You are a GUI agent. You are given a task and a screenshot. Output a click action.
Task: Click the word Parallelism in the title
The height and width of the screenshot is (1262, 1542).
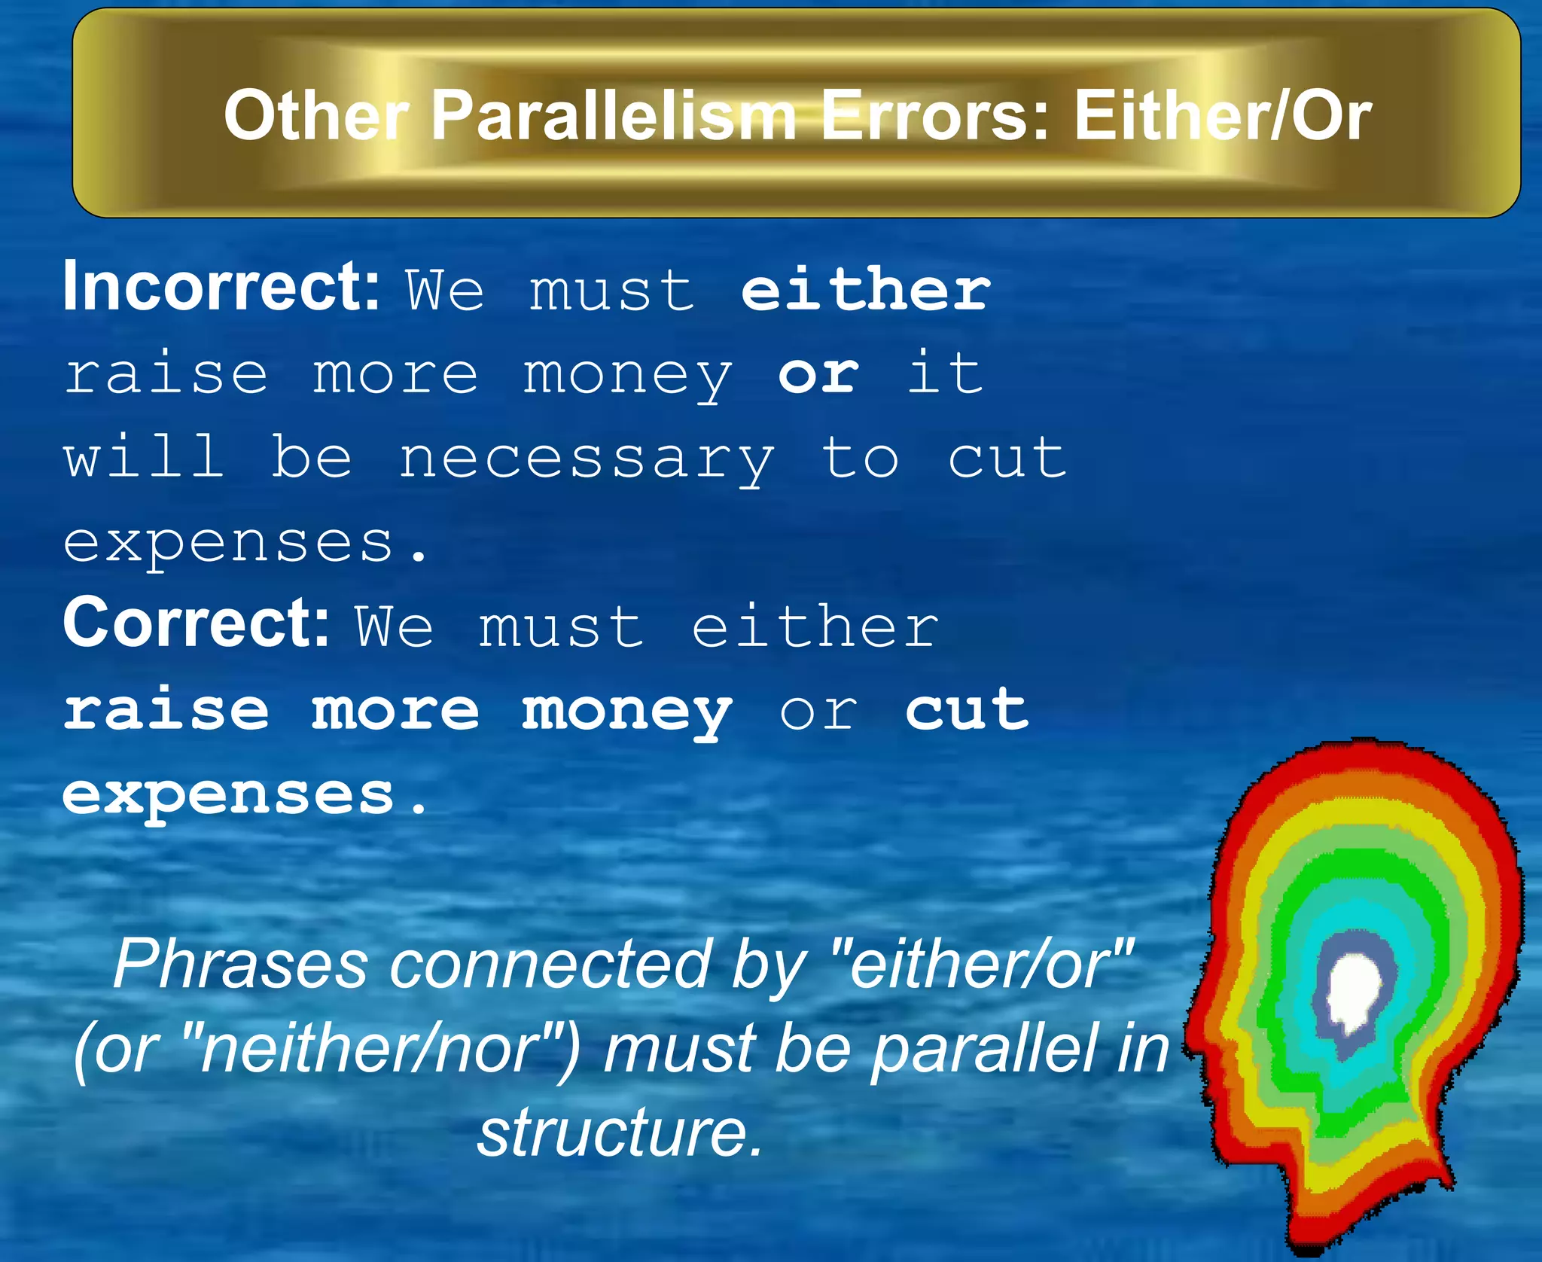613,116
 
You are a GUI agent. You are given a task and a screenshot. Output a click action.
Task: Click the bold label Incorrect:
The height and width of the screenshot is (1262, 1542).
221,287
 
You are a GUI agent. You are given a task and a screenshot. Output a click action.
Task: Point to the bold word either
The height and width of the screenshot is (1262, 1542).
866,290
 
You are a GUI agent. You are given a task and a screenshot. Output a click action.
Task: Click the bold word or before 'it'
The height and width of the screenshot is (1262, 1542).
818,374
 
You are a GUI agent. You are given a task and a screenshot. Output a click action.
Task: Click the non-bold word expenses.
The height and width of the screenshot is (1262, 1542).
245,543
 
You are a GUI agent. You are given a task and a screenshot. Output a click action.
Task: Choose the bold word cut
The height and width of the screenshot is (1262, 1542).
967,710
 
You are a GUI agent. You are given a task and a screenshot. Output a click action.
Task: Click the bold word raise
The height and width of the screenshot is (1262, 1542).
166,710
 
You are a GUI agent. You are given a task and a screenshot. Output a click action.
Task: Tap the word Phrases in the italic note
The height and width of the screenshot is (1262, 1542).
240,966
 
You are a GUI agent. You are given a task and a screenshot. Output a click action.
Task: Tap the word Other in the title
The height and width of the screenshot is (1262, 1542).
316,116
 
